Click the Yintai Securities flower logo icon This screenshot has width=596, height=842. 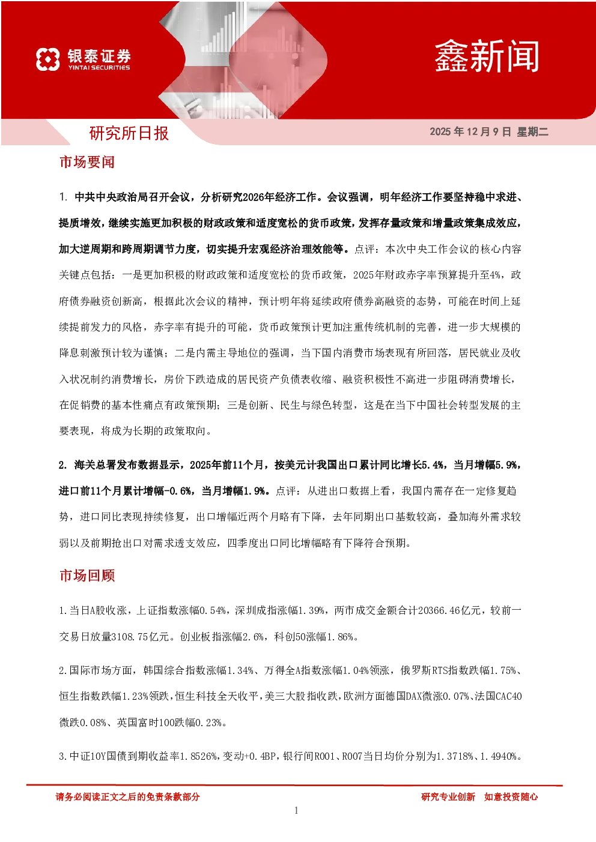48,59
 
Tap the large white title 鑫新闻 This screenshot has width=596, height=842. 487,56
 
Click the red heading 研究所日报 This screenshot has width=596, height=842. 129,133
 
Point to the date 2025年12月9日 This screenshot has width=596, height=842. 470,131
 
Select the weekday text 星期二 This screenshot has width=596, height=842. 532,131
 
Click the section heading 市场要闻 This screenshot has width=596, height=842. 87,162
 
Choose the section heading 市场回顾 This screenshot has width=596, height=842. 87,576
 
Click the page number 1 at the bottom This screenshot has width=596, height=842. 296,810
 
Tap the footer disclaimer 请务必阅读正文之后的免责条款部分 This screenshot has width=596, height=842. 127,796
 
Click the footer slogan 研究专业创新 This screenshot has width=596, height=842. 448,796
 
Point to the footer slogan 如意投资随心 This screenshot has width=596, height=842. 511,796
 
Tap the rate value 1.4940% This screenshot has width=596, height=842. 499,756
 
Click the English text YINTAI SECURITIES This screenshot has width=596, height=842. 99,68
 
